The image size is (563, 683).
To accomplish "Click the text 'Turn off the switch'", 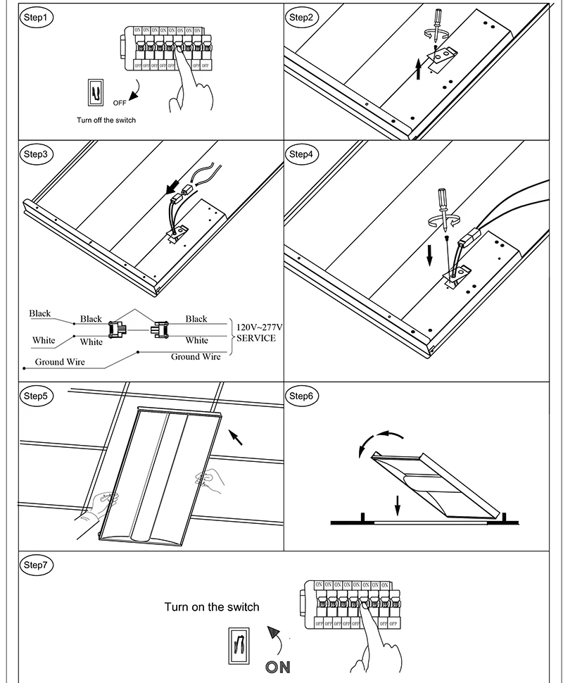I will [106, 120].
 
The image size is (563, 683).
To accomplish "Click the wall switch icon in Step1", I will [95, 92].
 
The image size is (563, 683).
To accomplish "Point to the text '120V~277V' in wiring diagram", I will [260, 327].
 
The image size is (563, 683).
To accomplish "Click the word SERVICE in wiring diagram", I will [255, 338].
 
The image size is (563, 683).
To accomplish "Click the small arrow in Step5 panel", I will [237, 438].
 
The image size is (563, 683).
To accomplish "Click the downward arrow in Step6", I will [398, 505].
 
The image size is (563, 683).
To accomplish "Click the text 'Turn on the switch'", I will [212, 607].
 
